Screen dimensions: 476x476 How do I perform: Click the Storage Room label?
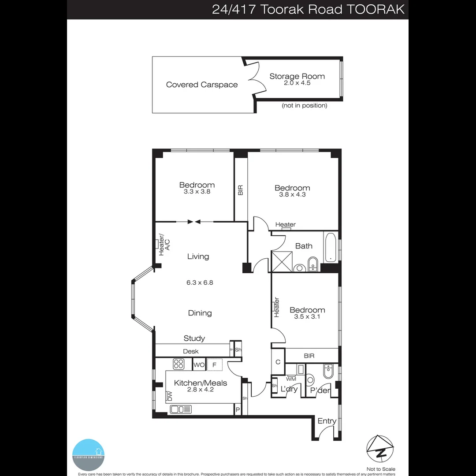[297, 76]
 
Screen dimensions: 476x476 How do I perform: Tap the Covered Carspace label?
[202, 85]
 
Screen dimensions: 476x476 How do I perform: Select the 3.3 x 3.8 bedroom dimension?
[197, 192]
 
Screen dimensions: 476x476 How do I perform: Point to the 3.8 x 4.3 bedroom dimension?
[292, 195]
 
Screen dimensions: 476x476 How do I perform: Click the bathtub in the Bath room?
[330, 247]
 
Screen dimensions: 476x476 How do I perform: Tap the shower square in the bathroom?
[280, 261]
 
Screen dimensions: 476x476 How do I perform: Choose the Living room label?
[198, 257]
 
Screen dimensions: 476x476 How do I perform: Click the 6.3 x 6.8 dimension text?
[200, 283]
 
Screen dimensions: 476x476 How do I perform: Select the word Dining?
[200, 313]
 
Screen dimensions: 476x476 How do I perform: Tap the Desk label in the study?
[191, 351]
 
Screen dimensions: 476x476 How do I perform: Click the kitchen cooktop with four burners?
[178, 364]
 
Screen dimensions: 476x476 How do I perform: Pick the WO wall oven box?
[199, 365]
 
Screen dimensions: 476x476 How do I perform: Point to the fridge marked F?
[215, 365]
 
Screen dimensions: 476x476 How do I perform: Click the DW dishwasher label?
[170, 396]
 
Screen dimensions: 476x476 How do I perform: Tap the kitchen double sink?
[181, 409]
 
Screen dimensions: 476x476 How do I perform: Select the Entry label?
[327, 421]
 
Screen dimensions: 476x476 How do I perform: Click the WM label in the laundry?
[291, 379]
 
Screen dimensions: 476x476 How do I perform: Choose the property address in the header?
[308, 9]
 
